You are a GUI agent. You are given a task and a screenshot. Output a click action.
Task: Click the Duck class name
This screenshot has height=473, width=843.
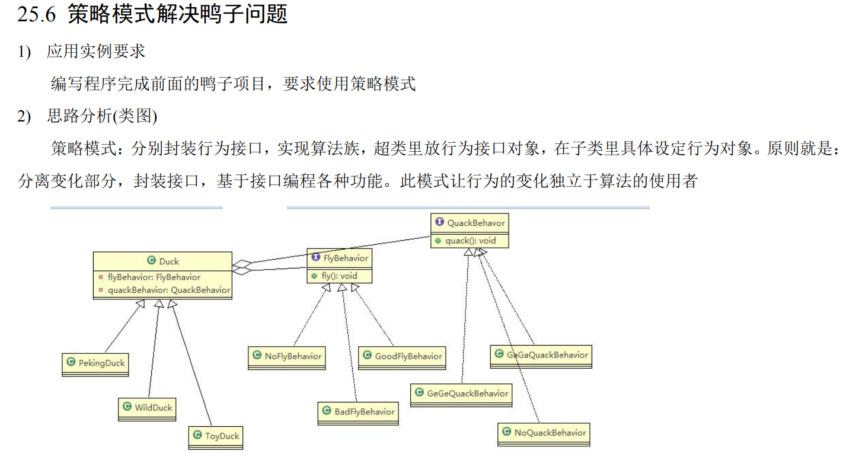169,261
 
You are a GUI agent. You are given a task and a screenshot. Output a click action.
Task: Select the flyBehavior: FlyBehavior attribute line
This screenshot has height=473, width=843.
154,277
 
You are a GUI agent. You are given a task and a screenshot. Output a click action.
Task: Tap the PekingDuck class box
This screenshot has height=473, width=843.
95,363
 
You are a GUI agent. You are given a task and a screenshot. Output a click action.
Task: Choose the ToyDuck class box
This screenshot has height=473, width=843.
216,436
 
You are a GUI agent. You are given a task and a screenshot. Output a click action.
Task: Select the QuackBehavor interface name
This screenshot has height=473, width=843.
476,223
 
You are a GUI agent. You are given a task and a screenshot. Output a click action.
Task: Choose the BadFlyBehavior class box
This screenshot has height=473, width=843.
358,411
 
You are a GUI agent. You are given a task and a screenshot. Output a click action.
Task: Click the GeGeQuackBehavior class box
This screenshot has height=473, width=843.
461,393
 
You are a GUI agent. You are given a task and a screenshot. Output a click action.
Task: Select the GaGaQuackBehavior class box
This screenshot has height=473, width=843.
541,355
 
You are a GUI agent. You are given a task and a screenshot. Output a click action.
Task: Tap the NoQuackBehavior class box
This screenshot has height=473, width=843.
544,433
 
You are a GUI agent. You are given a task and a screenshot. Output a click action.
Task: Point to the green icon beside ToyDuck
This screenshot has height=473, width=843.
197,436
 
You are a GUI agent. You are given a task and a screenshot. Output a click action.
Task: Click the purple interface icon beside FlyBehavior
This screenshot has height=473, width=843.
316,258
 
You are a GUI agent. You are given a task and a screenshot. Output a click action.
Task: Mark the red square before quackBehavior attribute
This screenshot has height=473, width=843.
101,290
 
